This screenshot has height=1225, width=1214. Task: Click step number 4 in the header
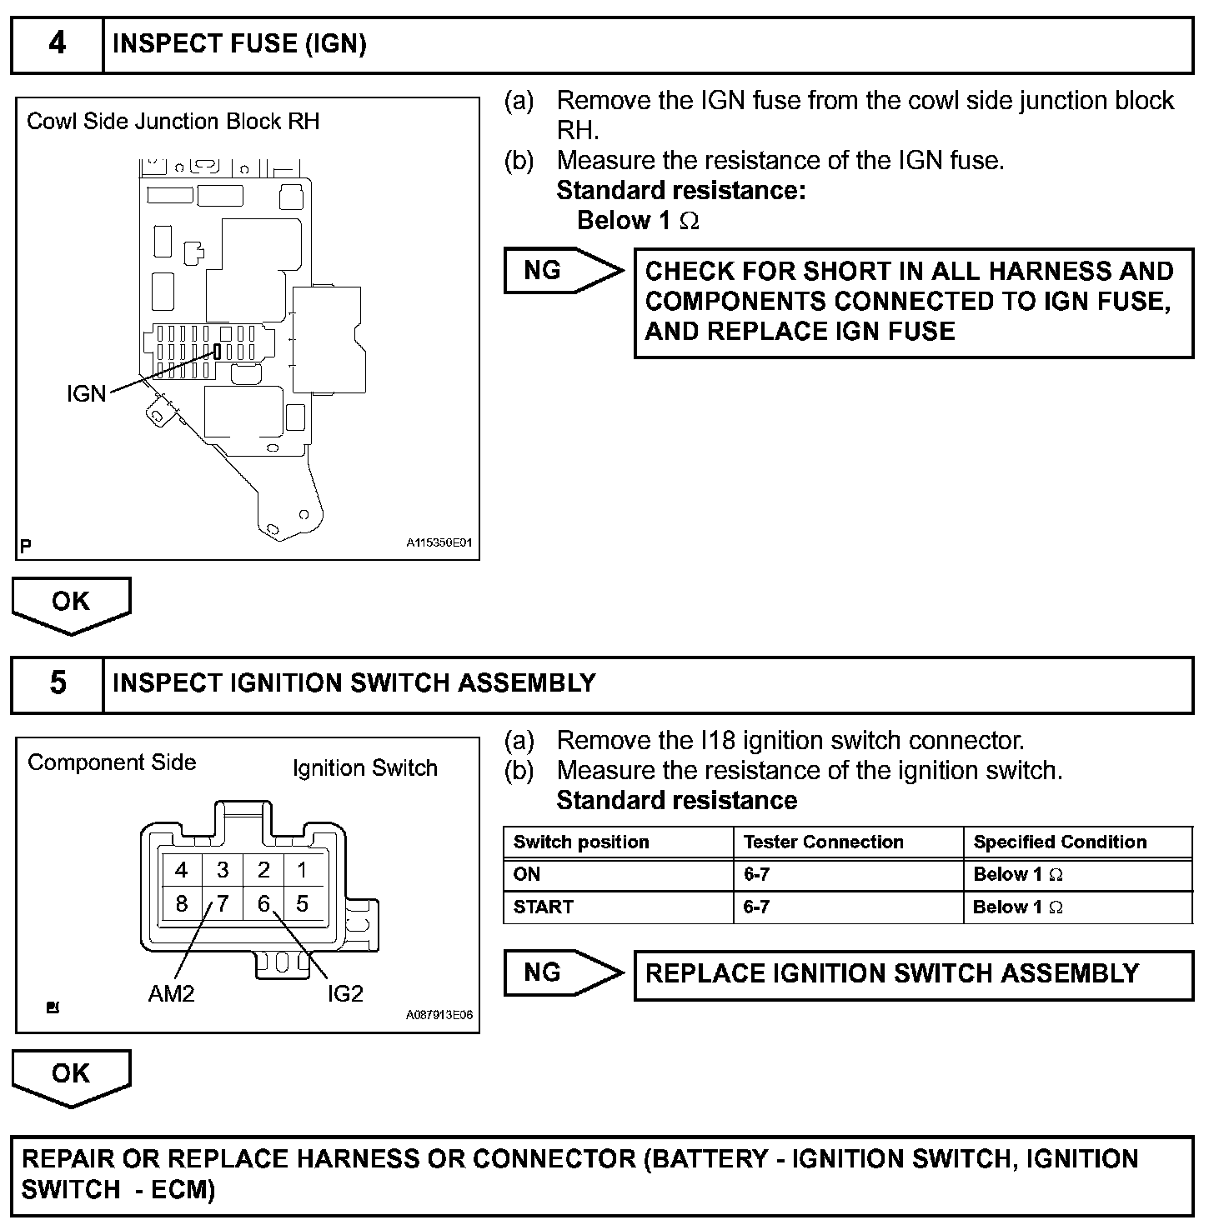[x=57, y=43]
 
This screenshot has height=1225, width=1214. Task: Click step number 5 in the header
[x=57, y=683]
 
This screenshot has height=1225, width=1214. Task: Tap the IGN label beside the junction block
[x=86, y=393]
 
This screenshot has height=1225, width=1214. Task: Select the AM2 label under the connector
[x=171, y=993]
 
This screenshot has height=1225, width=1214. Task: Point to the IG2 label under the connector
[x=345, y=993]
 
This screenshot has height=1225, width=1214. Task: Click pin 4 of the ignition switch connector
[x=182, y=871]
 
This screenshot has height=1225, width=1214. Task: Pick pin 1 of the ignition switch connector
[x=302, y=871]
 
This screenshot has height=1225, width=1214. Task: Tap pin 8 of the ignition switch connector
[x=182, y=904]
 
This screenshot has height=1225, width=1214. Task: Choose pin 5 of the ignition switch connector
[x=302, y=904]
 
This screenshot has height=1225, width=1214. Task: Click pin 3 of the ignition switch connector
[x=223, y=871]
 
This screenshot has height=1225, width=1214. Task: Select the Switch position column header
[x=581, y=842]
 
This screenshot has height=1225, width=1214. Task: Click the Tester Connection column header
[x=823, y=842]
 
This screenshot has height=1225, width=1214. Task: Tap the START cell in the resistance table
[x=544, y=907]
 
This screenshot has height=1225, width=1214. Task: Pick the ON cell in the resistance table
[x=527, y=874]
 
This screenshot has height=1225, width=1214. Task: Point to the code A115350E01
[x=439, y=542]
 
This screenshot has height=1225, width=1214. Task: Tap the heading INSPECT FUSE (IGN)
[x=239, y=43]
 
